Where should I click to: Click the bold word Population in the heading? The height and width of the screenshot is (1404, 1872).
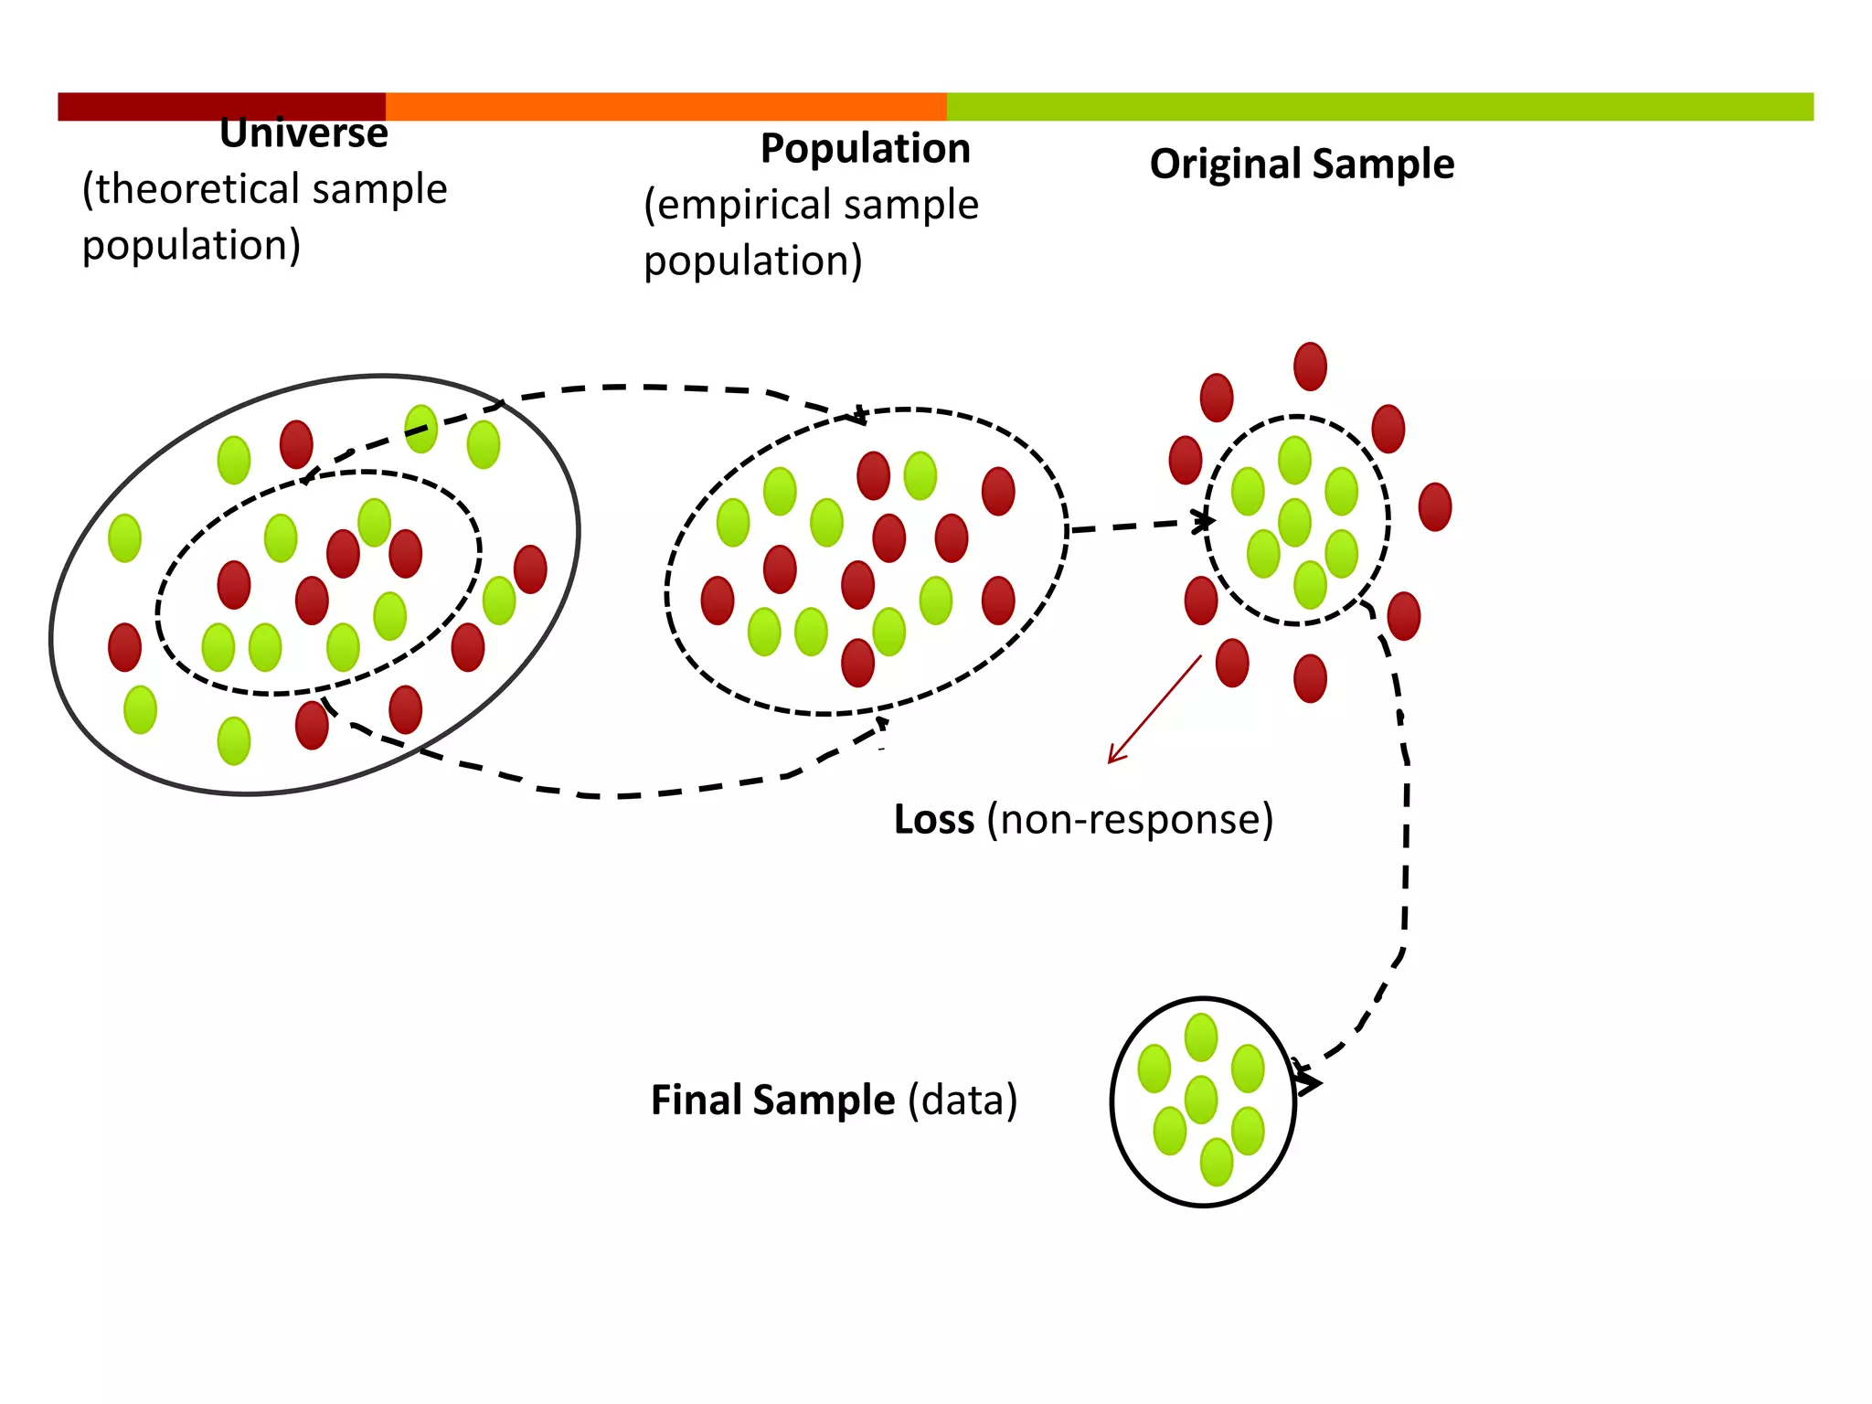point(865,148)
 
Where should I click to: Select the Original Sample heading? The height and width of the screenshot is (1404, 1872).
point(1301,165)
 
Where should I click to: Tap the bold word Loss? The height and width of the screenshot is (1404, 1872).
point(933,819)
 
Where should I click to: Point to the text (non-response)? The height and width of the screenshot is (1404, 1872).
point(1130,819)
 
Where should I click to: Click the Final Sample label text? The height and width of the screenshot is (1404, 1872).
point(772,1100)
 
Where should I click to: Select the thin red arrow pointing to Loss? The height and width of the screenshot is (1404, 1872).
point(1154,709)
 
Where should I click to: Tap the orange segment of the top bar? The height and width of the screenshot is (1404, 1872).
point(665,106)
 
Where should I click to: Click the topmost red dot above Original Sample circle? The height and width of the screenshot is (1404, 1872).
point(1310,367)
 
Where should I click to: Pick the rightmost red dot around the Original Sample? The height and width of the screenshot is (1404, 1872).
point(1434,506)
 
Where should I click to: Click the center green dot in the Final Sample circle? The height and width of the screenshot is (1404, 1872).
point(1200,1099)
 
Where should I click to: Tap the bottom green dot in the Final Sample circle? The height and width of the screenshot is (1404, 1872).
point(1216,1161)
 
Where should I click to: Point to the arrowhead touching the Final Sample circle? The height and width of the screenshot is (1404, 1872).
point(1309,1083)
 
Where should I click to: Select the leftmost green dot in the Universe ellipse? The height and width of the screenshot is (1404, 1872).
point(124,537)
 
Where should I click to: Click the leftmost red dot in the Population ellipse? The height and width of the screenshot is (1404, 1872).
point(718,601)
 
